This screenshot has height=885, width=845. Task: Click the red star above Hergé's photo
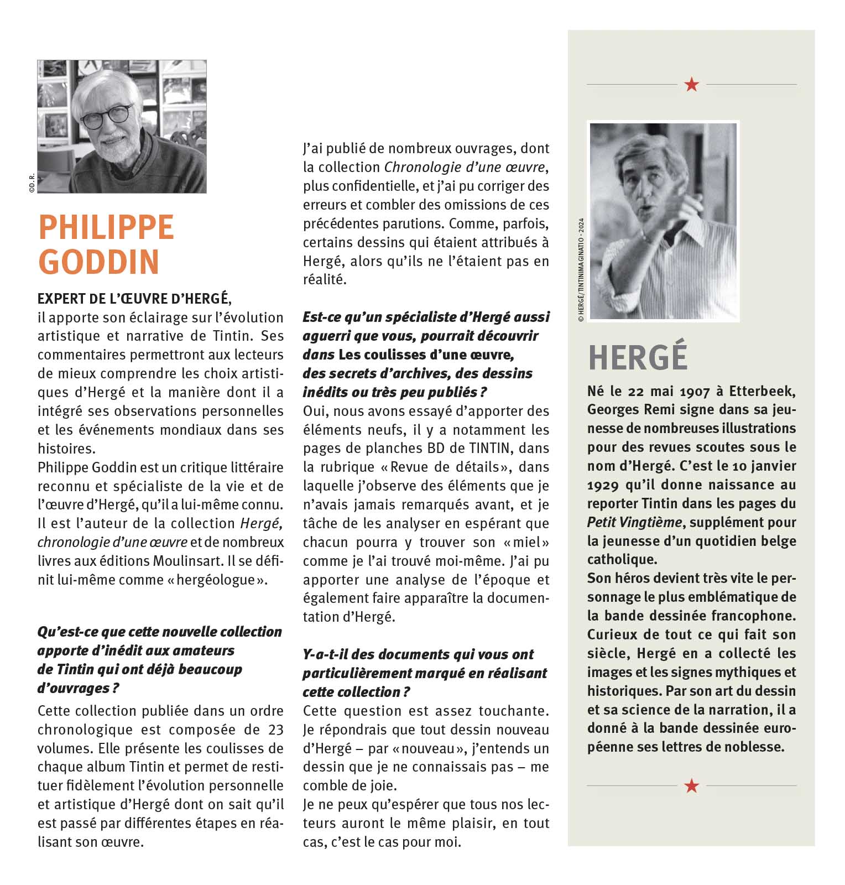coord(691,85)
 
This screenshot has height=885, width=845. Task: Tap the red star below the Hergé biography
coord(691,785)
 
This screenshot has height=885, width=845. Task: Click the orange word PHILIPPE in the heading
coord(106,227)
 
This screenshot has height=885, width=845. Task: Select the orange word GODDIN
coord(99,262)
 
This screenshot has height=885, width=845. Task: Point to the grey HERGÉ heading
coord(638,357)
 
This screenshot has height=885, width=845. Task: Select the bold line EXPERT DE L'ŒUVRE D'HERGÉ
coord(133,299)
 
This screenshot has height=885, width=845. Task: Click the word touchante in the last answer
coord(514,711)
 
